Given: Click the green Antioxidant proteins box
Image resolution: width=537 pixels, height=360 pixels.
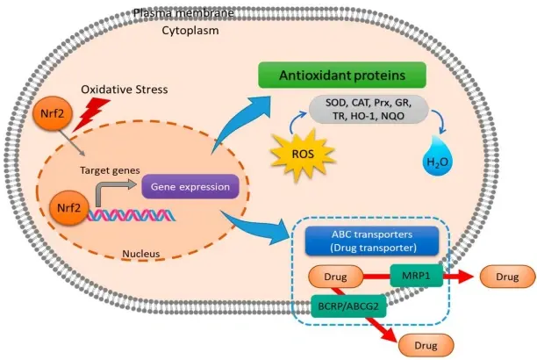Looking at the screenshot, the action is point(342,76).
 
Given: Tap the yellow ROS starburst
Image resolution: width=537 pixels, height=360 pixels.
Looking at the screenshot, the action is point(303,154).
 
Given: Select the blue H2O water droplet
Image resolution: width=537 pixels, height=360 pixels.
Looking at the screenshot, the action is point(437,156).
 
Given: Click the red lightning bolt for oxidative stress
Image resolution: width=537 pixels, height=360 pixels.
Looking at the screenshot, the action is point(89,115).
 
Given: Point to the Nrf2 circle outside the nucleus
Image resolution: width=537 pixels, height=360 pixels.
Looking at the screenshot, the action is point(53,113).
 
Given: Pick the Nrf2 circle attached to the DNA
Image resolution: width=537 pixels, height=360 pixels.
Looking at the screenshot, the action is point(68,208).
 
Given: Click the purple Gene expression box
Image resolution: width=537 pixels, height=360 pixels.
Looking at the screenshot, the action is point(190,186).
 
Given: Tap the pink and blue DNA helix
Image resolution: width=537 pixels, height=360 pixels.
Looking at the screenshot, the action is point(132,215).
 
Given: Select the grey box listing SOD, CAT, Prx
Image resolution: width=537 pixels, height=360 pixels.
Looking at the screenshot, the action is point(369,110).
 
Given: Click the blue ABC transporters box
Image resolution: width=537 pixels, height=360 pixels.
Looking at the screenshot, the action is point(372,241).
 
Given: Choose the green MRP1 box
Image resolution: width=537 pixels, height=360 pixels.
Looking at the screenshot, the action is point(416,276).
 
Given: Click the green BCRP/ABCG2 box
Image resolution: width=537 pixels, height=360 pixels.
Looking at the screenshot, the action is point(348,306).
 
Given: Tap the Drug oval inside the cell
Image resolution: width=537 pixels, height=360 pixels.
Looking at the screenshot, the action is point(335,277).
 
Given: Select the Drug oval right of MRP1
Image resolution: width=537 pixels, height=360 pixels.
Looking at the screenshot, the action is point(507,277).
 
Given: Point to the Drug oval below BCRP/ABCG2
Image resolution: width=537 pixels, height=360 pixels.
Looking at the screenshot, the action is point(426,345).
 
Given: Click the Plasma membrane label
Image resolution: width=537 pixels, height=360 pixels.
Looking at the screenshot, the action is point(184,13).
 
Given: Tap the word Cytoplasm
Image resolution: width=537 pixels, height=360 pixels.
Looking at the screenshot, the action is point(190,30).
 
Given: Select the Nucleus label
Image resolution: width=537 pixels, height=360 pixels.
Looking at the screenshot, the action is point(141,254).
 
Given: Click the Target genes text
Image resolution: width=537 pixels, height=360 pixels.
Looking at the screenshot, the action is point(110,170).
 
